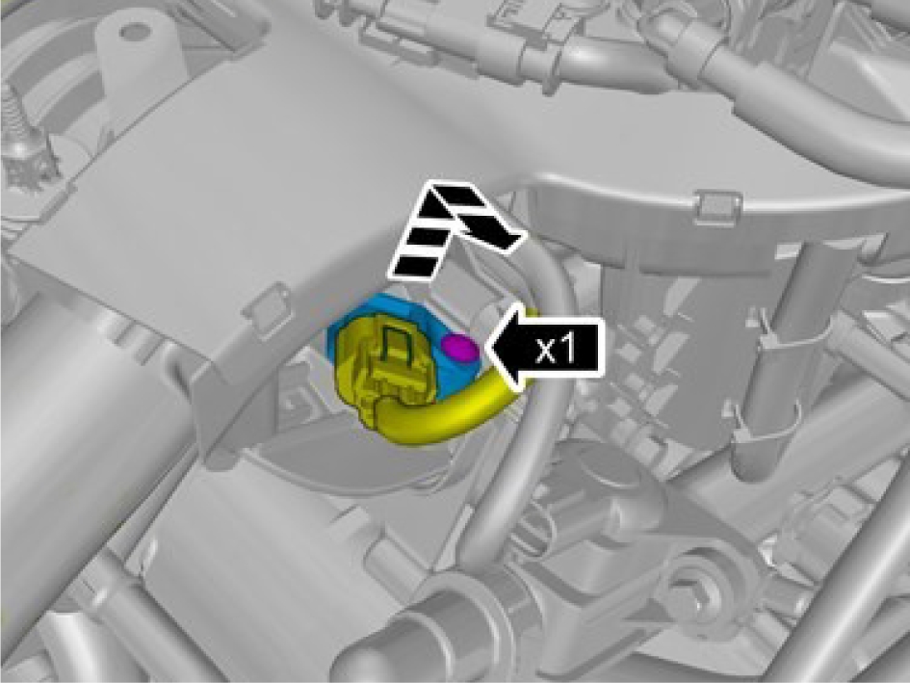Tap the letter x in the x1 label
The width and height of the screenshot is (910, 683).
[x=547, y=350]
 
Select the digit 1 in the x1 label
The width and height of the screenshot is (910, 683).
[x=567, y=349]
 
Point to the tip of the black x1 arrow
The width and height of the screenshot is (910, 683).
[x=486, y=349]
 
